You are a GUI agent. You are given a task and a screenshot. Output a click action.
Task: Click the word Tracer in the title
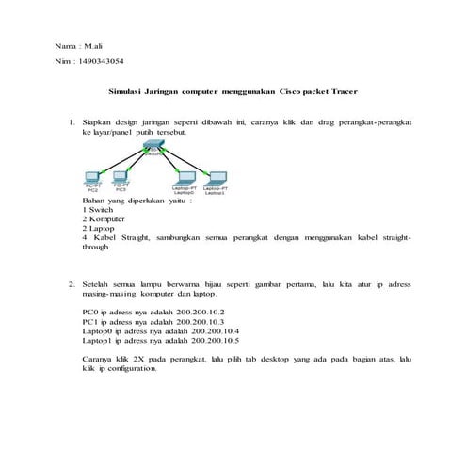(345, 92)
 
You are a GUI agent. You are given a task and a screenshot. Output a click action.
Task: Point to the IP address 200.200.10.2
(195, 312)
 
